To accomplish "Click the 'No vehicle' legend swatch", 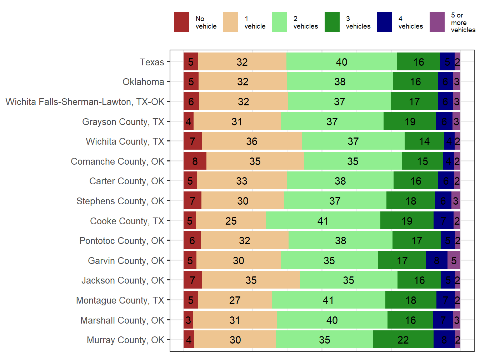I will pyautogui.click(x=181, y=22).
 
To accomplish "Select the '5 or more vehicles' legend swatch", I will pyautogui.click(x=437, y=22).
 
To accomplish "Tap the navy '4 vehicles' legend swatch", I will pyautogui.click(x=384, y=22).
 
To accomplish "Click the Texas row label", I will pyautogui.click(x=152, y=62).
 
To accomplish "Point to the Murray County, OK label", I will pyautogui.click(x=125, y=340).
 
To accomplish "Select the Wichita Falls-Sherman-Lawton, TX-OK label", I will pyautogui.click(x=85, y=102).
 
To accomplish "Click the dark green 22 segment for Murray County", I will pyautogui.click(x=403, y=340).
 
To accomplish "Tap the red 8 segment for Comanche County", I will pyautogui.click(x=195, y=161).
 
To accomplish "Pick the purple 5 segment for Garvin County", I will pyautogui.click(x=454, y=260).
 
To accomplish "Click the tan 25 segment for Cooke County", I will pyautogui.click(x=231, y=221).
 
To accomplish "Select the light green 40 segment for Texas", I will pyautogui.click(x=341, y=62).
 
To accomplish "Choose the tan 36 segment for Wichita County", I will pyautogui.click(x=252, y=141).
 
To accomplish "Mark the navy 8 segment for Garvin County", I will pyautogui.click(x=436, y=260).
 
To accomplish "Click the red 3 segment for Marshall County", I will pyautogui.click(x=188, y=320).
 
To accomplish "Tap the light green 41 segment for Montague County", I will pyautogui.click(x=328, y=300).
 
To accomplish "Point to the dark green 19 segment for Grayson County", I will pyautogui.click(x=410, y=122).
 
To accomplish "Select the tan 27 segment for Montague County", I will pyautogui.click(x=235, y=300).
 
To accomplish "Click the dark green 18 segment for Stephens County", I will pyautogui.click(x=410, y=201).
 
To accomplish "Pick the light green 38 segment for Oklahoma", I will pyautogui.click(x=340, y=82).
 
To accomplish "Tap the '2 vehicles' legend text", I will pyautogui.click(x=305, y=22).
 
